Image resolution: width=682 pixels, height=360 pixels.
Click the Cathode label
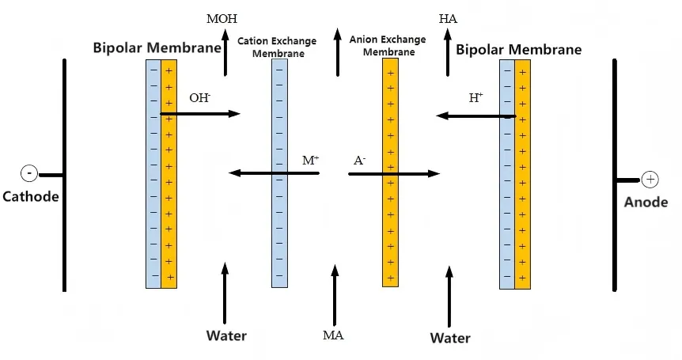pyautogui.click(x=31, y=196)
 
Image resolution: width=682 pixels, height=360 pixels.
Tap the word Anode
pyautogui.click(x=646, y=203)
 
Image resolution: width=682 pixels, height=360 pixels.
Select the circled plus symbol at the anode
pyautogui.click(x=650, y=180)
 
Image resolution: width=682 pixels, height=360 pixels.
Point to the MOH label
pyautogui.click(x=222, y=18)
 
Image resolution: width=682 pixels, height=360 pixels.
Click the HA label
pyautogui.click(x=448, y=17)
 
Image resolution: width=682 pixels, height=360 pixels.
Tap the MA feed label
pyautogui.click(x=333, y=335)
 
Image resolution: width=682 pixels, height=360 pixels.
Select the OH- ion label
pyautogui.click(x=199, y=98)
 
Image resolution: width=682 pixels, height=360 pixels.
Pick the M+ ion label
pyautogui.click(x=311, y=160)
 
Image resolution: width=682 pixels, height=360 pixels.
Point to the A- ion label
pyautogui.click(x=360, y=160)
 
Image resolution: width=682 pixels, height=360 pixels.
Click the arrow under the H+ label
pyautogui.click(x=476, y=116)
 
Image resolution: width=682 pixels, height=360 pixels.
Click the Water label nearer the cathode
pyautogui.click(x=226, y=335)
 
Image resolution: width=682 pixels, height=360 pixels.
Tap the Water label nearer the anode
pyautogui.click(x=450, y=338)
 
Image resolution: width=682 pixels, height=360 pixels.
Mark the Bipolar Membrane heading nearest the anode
pyautogui.click(x=518, y=50)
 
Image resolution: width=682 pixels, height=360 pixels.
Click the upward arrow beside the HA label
pyautogui.click(x=449, y=52)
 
